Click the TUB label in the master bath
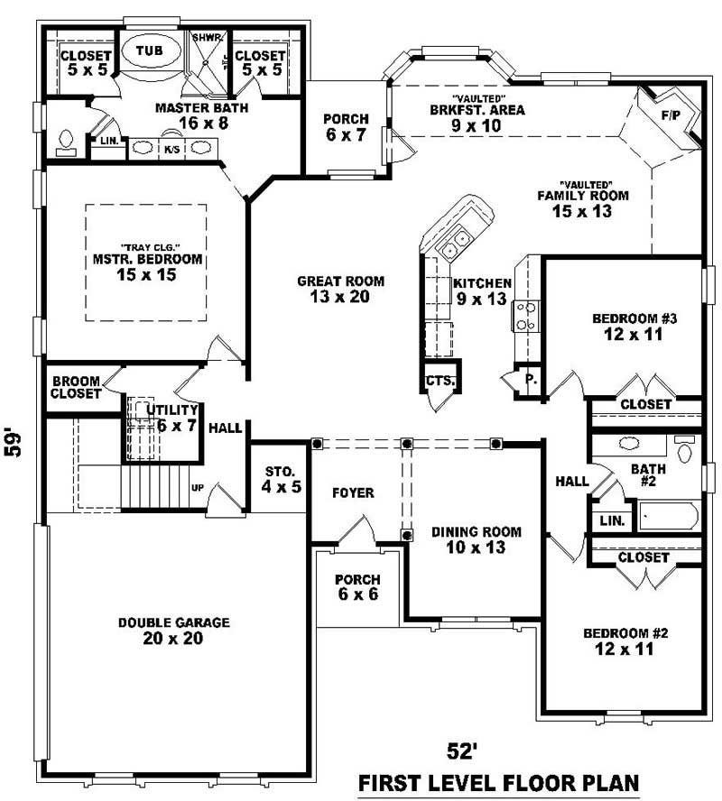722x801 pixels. (150, 51)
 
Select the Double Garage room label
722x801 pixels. (174, 631)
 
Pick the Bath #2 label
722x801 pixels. (648, 475)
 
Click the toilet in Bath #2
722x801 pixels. (685, 450)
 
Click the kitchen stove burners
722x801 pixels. (525, 316)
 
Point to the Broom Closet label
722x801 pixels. (76, 388)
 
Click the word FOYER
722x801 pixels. (353, 493)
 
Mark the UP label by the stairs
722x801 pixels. (198, 488)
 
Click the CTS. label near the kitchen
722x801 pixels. (440, 382)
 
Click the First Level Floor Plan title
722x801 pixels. (498, 782)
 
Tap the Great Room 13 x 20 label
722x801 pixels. (341, 289)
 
